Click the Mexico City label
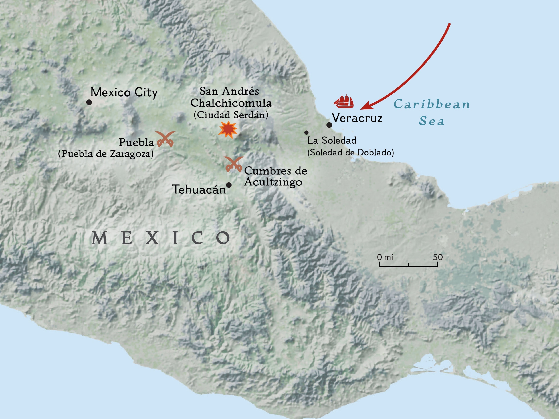pos(124,92)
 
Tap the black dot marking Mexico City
pos(89,102)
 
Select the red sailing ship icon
pos(344,101)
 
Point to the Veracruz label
pos(357,118)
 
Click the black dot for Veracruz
pos(329,125)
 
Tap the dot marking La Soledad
pos(306,132)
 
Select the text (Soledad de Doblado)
pos(350,153)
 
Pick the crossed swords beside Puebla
pos(165,139)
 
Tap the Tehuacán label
pos(199,190)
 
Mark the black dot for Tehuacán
pos(229,185)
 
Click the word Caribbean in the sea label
pos(432,104)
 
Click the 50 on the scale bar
pos(438,257)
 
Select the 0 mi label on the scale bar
pos(385,257)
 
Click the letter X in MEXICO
pos(152,238)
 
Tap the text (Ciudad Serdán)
pos(231,115)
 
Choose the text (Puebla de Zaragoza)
pos(106,153)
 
